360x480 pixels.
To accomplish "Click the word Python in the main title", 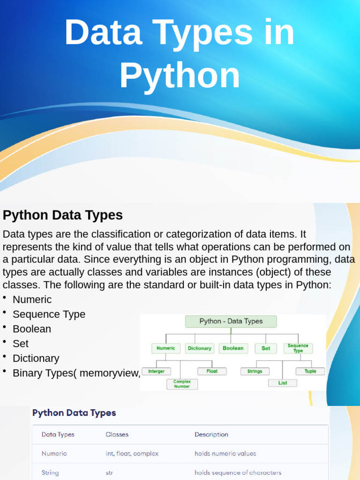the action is (x=180, y=75).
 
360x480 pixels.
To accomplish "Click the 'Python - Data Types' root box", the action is (x=231, y=322).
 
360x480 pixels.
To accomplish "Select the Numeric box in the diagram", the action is (x=166, y=348).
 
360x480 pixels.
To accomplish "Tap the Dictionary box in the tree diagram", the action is (x=200, y=348).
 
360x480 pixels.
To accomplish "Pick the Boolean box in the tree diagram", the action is (x=233, y=348).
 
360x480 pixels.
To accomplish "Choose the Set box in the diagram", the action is (x=266, y=348).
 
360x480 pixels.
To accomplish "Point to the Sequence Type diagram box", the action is (x=298, y=348).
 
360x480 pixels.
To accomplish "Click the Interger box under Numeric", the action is (x=157, y=371).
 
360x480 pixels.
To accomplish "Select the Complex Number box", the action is (x=182, y=384).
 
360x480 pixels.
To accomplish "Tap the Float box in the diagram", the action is (x=212, y=371).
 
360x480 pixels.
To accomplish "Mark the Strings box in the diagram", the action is (x=255, y=371).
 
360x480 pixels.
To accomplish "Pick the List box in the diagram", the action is (x=283, y=383).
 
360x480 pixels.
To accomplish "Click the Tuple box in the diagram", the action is (x=310, y=371).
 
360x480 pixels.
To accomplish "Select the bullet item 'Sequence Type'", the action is (x=49, y=315).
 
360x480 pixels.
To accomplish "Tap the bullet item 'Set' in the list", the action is (x=21, y=344).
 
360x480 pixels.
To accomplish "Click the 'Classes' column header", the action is (x=117, y=435).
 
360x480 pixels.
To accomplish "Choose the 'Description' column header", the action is (x=211, y=435).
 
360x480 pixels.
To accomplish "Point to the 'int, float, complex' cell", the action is (x=132, y=454).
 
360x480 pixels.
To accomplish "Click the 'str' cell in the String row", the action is (x=109, y=473).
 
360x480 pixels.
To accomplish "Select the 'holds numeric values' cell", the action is (x=225, y=454).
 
